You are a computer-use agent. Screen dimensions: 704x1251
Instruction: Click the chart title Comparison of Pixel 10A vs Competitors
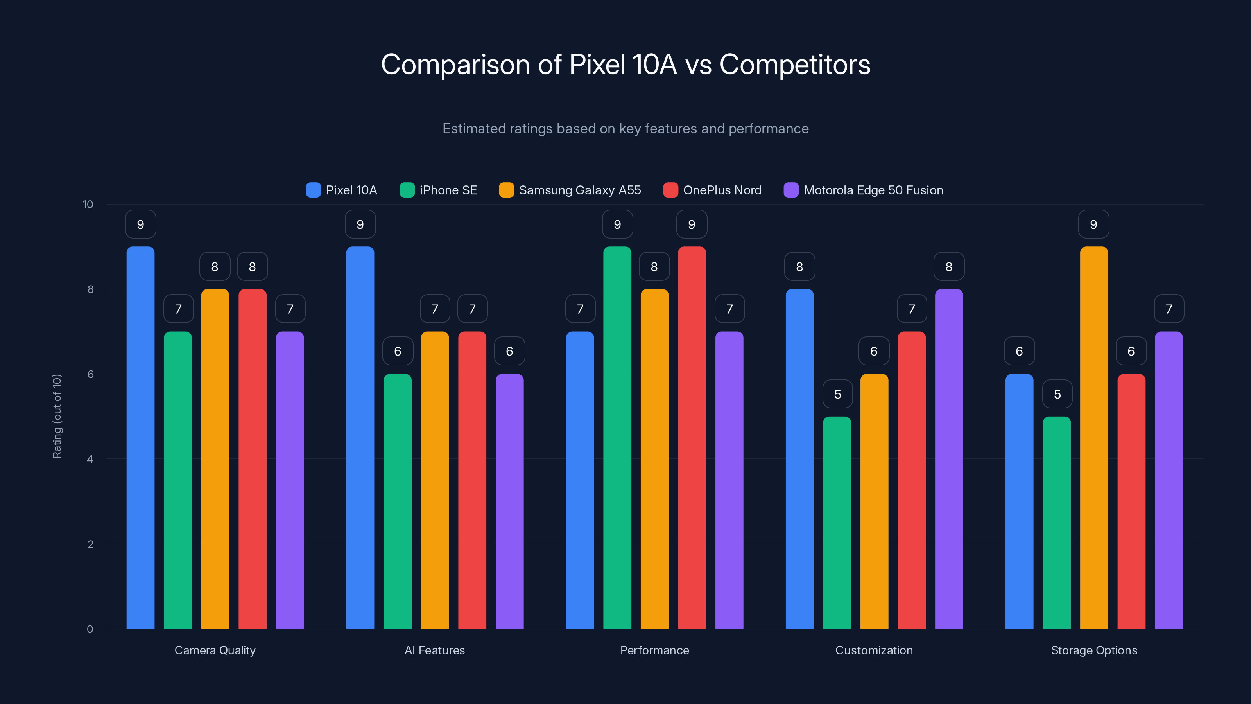625,65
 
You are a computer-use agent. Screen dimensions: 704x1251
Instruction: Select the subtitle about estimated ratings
625,129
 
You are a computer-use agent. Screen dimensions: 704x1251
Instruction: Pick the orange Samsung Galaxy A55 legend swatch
506,190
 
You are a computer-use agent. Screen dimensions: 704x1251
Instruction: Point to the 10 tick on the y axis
88,205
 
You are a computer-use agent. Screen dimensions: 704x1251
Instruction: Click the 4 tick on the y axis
90,459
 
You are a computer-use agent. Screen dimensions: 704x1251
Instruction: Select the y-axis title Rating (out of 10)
57,417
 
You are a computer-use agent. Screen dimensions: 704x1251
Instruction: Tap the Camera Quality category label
215,650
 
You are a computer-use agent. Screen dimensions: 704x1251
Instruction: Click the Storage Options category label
1094,650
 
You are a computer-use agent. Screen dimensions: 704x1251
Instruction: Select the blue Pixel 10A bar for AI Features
360,437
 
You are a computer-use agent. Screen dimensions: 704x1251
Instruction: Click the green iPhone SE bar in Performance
617,437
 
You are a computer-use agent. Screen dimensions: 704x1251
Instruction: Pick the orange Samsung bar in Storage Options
1094,437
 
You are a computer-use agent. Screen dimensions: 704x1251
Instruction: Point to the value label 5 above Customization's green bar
837,394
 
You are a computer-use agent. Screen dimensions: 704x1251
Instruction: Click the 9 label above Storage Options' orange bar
1094,224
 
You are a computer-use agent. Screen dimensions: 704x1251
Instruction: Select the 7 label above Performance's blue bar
580,309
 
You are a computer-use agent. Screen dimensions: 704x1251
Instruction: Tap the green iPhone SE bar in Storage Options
1056,522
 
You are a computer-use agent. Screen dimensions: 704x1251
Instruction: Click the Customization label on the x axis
874,650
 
